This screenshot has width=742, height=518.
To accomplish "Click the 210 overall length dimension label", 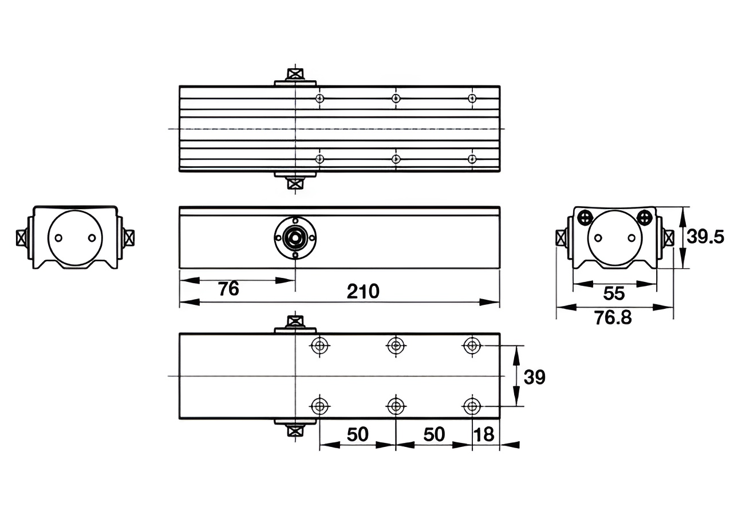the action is pyautogui.click(x=363, y=292).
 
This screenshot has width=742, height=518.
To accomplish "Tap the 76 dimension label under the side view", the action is pyautogui.click(x=228, y=289).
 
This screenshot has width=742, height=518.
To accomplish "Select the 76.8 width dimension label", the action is pyautogui.click(x=613, y=317).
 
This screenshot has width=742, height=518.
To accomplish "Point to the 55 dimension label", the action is pyautogui.click(x=614, y=293).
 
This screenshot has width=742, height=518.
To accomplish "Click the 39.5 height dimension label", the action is pyautogui.click(x=705, y=237).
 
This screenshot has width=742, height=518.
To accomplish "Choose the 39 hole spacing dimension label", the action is pyautogui.click(x=534, y=377).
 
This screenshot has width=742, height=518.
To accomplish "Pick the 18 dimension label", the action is pyautogui.click(x=484, y=434).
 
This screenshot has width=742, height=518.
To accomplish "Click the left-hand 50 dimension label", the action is pyautogui.click(x=357, y=434).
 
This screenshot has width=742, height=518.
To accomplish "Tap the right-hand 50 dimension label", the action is pyautogui.click(x=434, y=434).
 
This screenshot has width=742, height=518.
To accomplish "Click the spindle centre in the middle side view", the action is pyautogui.click(x=295, y=237).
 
